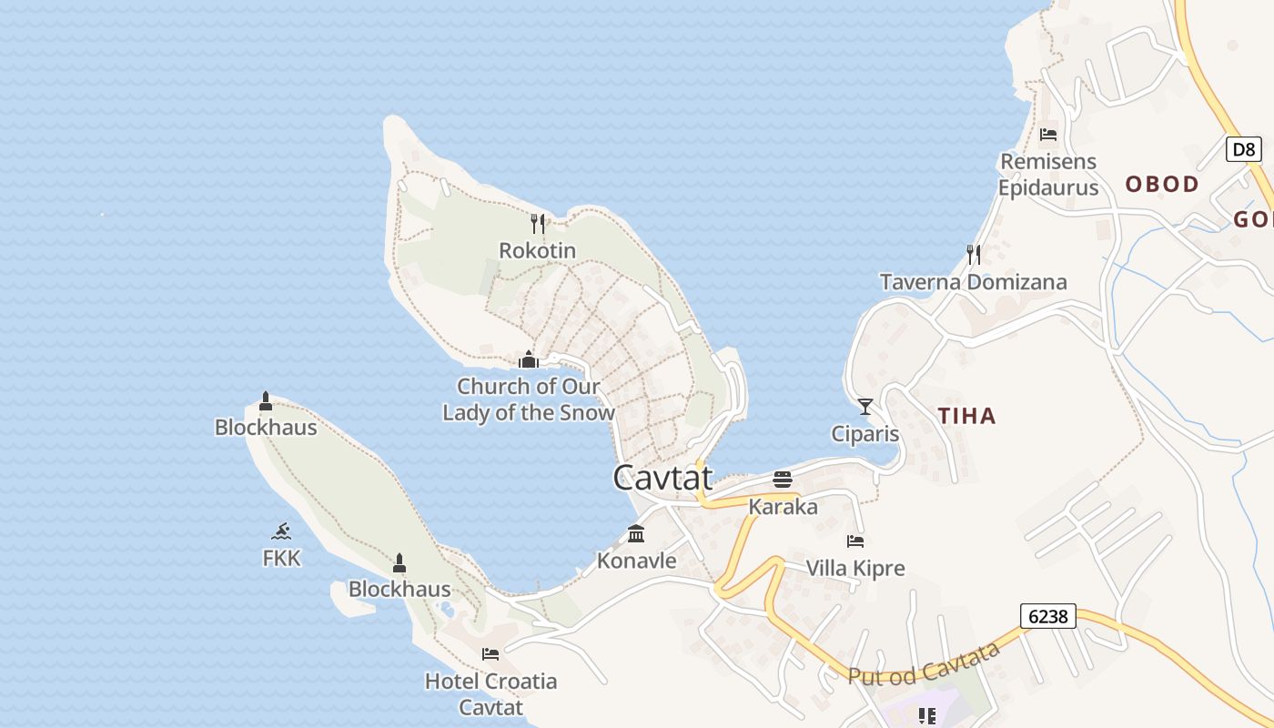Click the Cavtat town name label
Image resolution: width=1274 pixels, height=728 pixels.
point(662,478)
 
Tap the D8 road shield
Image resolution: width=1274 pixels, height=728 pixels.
point(1243,149)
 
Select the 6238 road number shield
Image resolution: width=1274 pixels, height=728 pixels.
point(1047,616)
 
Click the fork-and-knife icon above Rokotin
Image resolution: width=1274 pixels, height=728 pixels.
point(538,223)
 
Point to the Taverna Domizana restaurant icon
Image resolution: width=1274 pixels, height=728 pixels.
point(974,255)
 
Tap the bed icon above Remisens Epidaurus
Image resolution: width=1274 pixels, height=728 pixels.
point(1048,135)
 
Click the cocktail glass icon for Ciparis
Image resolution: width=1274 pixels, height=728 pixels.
point(864,406)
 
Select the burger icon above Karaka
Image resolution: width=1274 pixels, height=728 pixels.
point(783,480)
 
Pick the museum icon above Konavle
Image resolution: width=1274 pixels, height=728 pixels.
point(636,534)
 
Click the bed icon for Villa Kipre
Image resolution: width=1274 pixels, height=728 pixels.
point(855,541)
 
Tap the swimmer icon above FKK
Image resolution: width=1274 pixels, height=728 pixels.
point(281,531)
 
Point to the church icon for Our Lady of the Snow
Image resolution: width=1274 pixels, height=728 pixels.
point(529,359)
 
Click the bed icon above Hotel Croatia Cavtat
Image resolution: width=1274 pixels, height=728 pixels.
point(490,654)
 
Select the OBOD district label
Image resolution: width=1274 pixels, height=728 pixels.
point(1162,185)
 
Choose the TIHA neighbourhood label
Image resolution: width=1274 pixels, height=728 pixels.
point(966,417)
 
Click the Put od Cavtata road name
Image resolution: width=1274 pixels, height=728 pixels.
point(924,663)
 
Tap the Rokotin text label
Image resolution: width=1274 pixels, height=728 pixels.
point(537,250)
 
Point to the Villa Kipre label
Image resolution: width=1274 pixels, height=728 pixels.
point(855,569)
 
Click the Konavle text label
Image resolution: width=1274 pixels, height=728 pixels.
point(636,561)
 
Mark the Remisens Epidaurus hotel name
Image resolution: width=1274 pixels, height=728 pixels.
point(1048,175)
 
